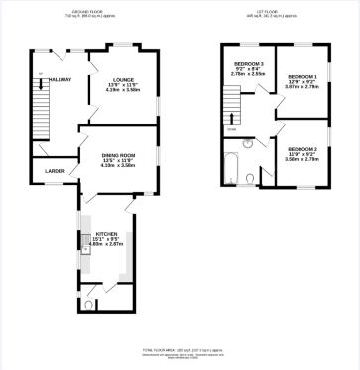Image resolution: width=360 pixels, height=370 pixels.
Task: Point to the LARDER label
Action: pos(56,171)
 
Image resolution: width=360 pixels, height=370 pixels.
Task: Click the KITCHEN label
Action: pos(106,235)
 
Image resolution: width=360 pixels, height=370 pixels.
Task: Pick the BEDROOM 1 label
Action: pos(302,76)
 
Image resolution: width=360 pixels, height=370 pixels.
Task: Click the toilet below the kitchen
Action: pos(91,306)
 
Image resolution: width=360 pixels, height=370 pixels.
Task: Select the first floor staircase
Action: pos(233,102)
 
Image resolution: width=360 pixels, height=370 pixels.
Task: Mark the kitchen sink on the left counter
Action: pos(86,252)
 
